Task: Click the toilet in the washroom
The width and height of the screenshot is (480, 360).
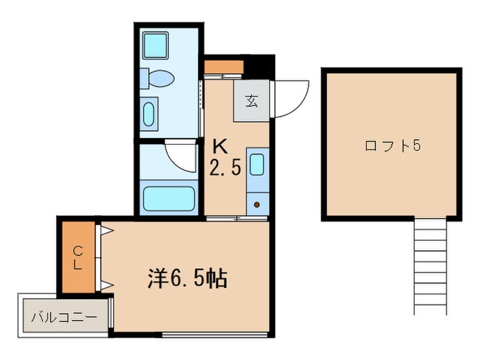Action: click(157, 78)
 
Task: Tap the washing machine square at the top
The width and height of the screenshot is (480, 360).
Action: click(156, 45)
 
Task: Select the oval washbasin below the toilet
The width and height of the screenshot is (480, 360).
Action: click(149, 115)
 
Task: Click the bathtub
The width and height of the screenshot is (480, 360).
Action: click(169, 198)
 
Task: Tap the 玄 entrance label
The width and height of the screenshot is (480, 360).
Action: click(252, 101)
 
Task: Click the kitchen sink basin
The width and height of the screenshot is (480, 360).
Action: click(257, 165)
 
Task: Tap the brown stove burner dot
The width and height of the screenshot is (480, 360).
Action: click(257, 204)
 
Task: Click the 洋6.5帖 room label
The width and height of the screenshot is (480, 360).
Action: click(188, 278)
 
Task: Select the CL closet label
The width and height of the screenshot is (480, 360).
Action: click(78, 258)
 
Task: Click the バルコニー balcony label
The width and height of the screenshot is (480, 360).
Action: click(64, 317)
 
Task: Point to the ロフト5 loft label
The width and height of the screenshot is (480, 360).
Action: click(393, 145)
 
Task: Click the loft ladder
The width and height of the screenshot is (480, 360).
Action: click(431, 266)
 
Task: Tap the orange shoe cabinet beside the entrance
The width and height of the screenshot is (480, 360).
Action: click(224, 67)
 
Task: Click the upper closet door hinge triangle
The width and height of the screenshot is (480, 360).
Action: click(107, 230)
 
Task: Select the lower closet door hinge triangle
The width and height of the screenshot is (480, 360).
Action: click(107, 286)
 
